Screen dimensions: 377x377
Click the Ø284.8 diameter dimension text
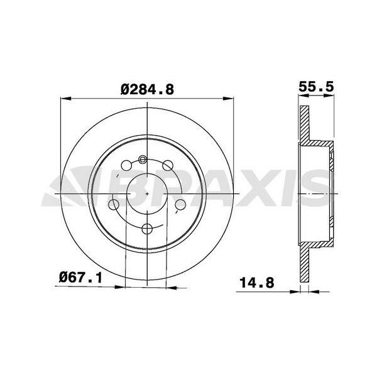[146, 89]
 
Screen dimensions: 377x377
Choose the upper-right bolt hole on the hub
[167, 166]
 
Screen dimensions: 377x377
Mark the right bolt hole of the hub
[180, 204]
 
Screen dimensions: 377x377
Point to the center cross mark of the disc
[146, 194]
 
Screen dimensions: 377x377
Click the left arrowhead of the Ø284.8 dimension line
[63, 97]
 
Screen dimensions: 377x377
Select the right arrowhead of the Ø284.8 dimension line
[229, 97]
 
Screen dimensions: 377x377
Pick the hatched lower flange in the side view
[304, 264]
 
